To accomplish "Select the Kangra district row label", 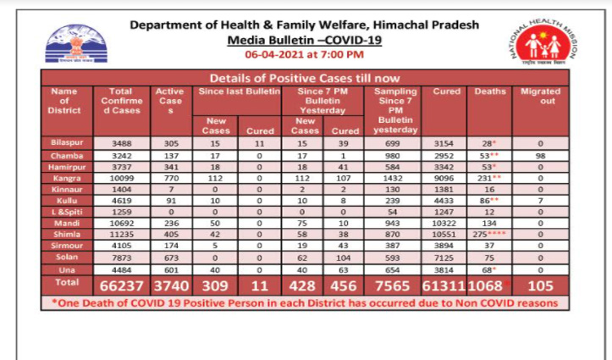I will pyautogui.click(x=64, y=180).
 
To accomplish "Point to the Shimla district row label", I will pyautogui.click(x=64, y=233).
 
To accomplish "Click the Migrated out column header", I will pyautogui.click(x=540, y=96).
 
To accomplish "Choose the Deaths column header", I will pyautogui.click(x=490, y=91).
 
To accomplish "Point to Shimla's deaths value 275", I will pyautogui.click(x=485, y=233).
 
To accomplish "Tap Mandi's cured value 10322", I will pyautogui.click(x=444, y=221).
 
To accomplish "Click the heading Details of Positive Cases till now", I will pyautogui.click(x=305, y=78).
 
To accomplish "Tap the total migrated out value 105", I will pyautogui.click(x=540, y=285).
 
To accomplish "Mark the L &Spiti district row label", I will pyautogui.click(x=64, y=209).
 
